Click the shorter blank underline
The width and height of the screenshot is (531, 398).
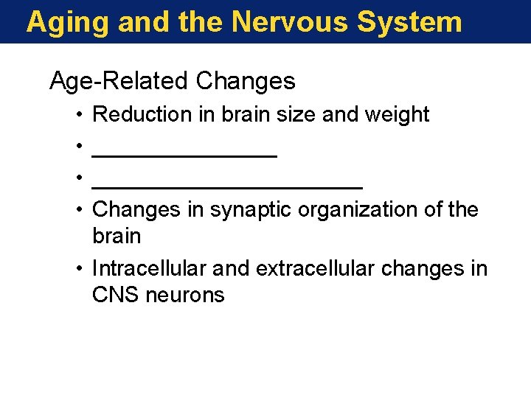click(x=184, y=156)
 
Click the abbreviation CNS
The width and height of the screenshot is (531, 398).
click(x=114, y=296)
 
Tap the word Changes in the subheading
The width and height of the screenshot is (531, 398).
click(x=246, y=81)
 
